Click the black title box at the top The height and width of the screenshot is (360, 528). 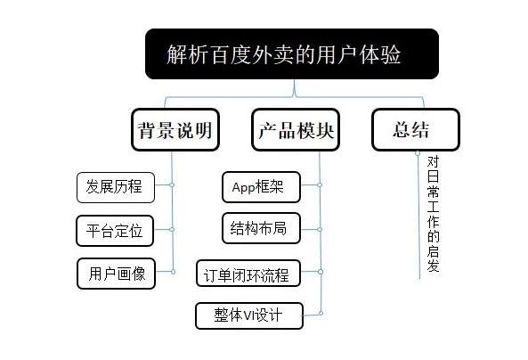(x=292, y=54)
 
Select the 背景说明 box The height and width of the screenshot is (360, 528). (x=175, y=130)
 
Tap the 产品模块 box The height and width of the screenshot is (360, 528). (x=296, y=130)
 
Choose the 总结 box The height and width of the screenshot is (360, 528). (x=416, y=130)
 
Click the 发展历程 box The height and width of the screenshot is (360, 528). (x=116, y=187)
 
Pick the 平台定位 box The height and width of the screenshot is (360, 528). (x=115, y=231)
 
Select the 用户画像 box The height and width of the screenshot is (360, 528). (x=116, y=274)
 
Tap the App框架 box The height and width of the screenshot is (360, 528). (x=261, y=187)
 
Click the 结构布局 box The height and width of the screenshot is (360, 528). (x=261, y=228)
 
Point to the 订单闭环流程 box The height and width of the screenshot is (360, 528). (x=248, y=274)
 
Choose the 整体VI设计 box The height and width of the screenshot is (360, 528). (x=249, y=315)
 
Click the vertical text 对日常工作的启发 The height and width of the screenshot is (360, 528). (x=433, y=214)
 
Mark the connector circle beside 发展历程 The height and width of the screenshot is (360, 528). (x=172, y=185)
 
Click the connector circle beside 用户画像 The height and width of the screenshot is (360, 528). (x=173, y=272)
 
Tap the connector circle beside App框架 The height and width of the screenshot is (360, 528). (x=320, y=185)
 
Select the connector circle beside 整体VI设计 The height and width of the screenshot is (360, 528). (x=321, y=314)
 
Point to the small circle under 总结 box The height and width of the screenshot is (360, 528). (x=418, y=153)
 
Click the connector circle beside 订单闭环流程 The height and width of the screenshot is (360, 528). (x=321, y=272)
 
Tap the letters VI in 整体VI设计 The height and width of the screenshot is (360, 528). (x=248, y=315)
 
